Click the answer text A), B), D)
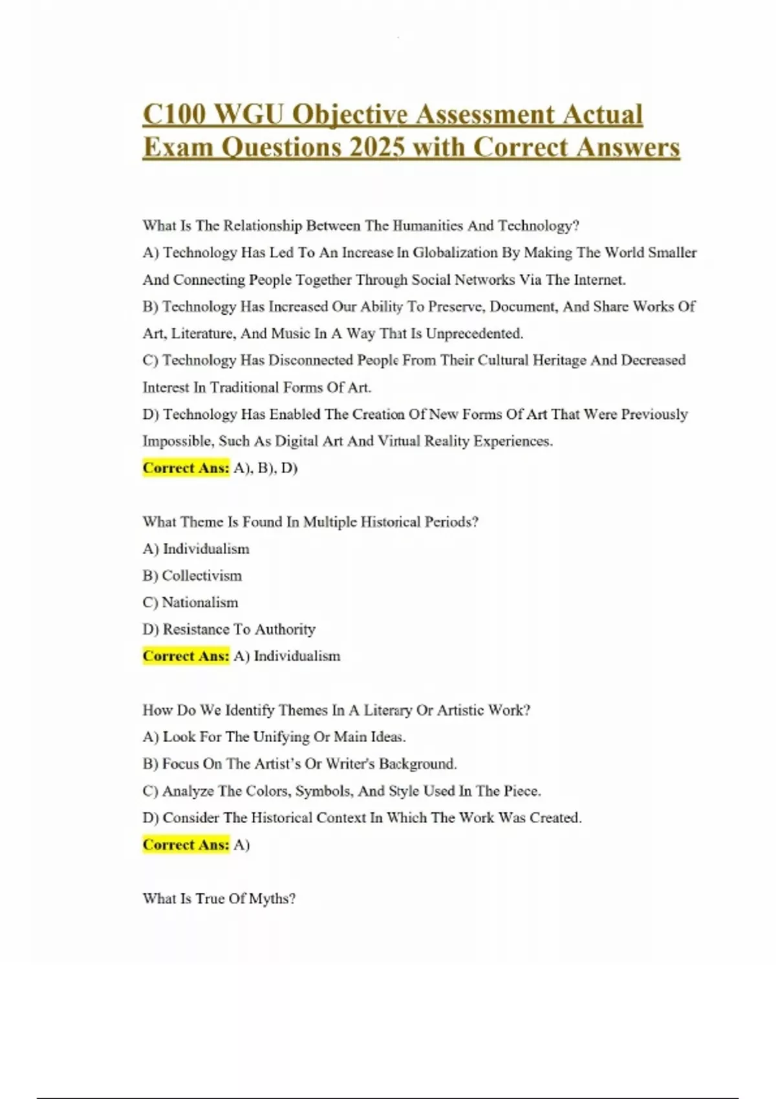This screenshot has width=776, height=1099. click(x=265, y=468)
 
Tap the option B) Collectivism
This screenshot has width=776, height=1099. click(x=192, y=575)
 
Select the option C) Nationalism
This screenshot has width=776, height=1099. click(x=190, y=603)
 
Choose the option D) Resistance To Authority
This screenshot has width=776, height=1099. click(x=229, y=629)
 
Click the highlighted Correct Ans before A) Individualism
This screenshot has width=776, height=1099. click(x=186, y=656)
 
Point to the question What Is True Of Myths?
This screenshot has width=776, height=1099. click(x=219, y=899)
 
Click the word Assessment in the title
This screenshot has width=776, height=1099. click(x=485, y=114)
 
